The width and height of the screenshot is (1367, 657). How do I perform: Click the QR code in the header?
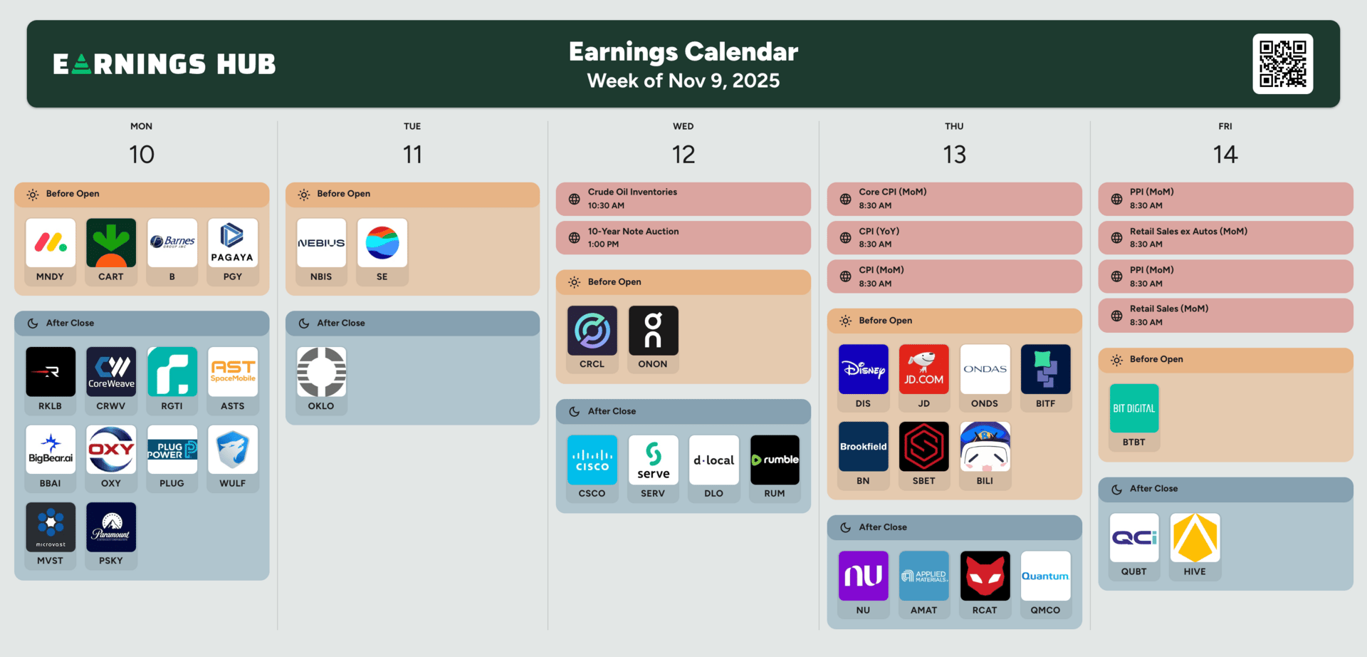click(1283, 63)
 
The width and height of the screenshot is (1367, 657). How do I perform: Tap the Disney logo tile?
click(863, 369)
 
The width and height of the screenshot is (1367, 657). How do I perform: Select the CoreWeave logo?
click(111, 372)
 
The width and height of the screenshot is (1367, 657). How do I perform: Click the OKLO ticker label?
click(321, 406)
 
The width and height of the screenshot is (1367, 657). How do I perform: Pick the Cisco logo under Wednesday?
click(592, 460)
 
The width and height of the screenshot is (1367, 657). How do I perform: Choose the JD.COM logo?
click(924, 369)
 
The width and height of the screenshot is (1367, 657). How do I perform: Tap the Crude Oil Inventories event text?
click(632, 192)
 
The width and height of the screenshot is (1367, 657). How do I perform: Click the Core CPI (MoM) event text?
click(893, 192)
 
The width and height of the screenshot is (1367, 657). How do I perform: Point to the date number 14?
click(1225, 155)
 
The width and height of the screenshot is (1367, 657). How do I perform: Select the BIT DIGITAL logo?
click(1134, 408)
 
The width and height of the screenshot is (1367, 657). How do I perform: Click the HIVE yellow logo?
click(1195, 538)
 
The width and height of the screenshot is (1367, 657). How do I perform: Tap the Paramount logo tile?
click(111, 527)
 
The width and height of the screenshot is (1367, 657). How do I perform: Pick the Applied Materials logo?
click(924, 576)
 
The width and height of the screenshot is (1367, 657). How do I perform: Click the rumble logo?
click(775, 460)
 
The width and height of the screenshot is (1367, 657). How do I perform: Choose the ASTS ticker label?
click(233, 406)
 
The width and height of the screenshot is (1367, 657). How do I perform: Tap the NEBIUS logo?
click(322, 243)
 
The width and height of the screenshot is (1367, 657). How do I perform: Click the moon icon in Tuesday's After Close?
click(304, 324)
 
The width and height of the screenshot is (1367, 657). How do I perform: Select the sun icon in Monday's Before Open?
click(33, 195)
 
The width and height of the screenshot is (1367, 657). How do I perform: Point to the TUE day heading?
click(412, 126)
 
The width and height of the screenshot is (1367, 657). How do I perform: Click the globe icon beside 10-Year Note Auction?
click(575, 238)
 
